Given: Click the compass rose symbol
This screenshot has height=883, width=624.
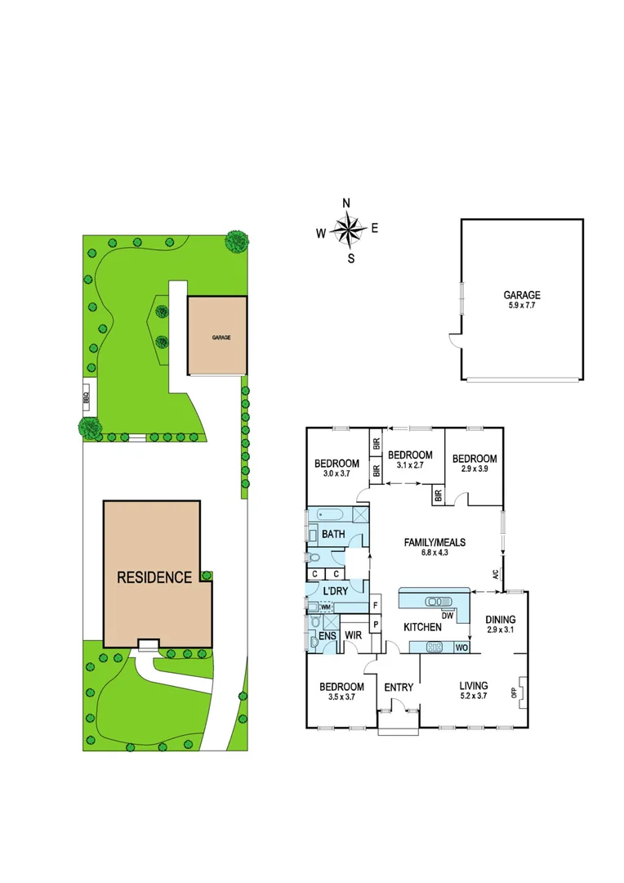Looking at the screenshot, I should pyautogui.click(x=350, y=230).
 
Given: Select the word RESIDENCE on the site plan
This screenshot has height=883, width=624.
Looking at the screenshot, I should pyautogui.click(x=154, y=577).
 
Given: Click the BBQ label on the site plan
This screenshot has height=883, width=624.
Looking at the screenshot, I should pyautogui.click(x=86, y=399).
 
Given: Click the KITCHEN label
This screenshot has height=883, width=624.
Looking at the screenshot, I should pyautogui.click(x=423, y=627).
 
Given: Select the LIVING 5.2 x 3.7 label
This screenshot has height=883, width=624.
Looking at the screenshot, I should pyautogui.click(x=473, y=691).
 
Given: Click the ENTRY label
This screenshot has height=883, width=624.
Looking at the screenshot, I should pyautogui.click(x=399, y=688).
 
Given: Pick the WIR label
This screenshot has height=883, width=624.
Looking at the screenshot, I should pyautogui.click(x=353, y=634).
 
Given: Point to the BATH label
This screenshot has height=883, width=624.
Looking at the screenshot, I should pyautogui.click(x=332, y=535).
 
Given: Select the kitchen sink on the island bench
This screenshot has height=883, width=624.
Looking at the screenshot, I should pyautogui.click(x=439, y=602).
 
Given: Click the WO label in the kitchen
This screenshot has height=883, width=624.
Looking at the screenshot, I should pyautogui.click(x=461, y=648).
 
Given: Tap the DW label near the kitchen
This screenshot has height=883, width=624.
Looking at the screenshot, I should pyautogui.click(x=448, y=615).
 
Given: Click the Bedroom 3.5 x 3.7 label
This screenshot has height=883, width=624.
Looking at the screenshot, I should pyautogui.click(x=341, y=692).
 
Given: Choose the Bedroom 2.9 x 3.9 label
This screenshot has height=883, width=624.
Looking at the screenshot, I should pyautogui.click(x=475, y=464).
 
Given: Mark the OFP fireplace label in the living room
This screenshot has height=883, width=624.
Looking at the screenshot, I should pyautogui.click(x=514, y=693).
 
